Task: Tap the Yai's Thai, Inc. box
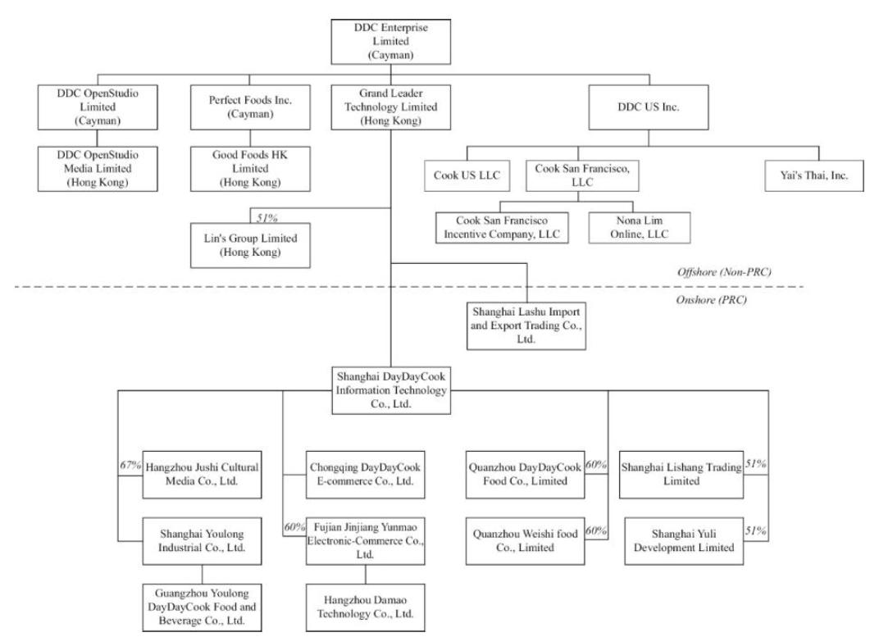click(819, 176)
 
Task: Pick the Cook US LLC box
click(467, 176)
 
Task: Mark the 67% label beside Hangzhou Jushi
click(131, 466)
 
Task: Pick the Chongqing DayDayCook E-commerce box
click(365, 473)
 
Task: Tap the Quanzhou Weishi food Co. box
click(525, 539)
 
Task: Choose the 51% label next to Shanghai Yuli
click(755, 531)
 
